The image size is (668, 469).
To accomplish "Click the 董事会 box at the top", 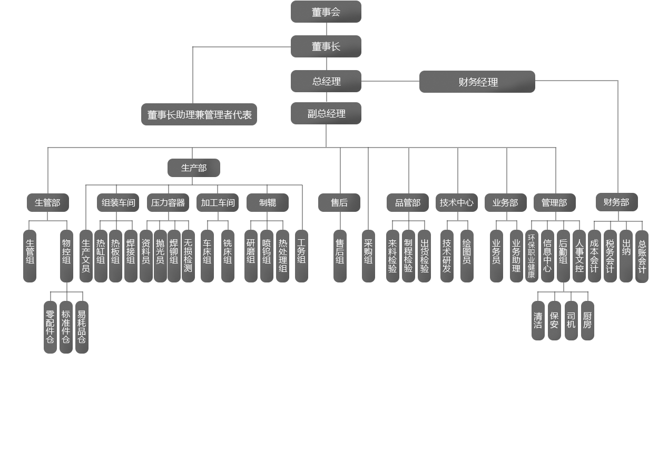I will [x=326, y=12].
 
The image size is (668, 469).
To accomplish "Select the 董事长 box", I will [x=326, y=46].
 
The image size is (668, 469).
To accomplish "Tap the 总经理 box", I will [x=326, y=81].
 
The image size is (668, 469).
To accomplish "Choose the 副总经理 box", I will [x=326, y=113].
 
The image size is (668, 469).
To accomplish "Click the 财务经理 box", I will [x=477, y=82].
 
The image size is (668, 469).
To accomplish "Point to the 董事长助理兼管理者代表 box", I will [x=199, y=114].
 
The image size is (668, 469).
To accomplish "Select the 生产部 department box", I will [x=193, y=168].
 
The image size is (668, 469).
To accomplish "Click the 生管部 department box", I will [x=47, y=202].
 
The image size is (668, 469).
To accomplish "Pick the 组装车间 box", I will [x=117, y=202].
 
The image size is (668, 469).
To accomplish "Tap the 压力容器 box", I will [x=168, y=202].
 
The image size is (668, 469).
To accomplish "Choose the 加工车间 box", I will [x=217, y=202].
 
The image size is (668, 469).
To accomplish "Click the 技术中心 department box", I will [x=456, y=202].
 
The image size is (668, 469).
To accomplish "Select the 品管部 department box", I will [x=407, y=202].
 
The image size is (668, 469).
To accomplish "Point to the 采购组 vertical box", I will [x=368, y=256].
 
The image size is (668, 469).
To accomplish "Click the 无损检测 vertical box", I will [x=188, y=256].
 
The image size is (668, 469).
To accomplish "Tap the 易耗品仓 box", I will [x=82, y=327].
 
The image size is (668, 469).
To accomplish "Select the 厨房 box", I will [x=587, y=320].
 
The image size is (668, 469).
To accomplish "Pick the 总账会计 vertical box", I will [x=642, y=256].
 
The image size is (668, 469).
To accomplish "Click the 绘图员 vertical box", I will [x=467, y=256].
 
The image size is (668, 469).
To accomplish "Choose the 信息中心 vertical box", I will [x=547, y=256].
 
